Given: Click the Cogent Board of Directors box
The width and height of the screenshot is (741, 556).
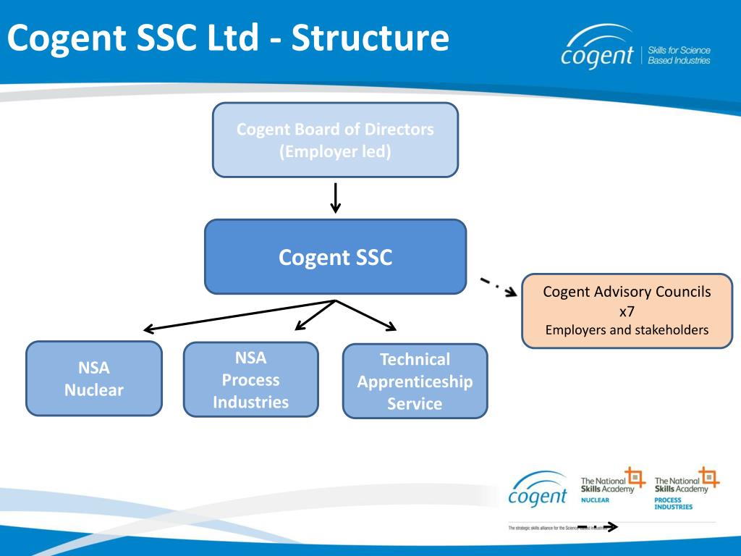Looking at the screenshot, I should (x=335, y=140).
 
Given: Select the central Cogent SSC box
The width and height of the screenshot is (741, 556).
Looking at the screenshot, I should (x=335, y=257).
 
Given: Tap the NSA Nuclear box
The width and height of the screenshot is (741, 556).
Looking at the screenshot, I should (x=94, y=379).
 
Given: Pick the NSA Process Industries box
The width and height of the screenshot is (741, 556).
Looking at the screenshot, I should (x=250, y=379).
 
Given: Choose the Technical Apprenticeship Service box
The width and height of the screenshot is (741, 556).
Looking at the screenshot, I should (x=415, y=381).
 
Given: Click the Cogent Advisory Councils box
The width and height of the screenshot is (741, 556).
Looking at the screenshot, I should (x=627, y=311).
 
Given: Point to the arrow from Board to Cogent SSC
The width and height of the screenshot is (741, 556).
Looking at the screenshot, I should (x=335, y=198).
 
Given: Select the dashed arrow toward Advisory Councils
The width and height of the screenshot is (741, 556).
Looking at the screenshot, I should (x=499, y=285).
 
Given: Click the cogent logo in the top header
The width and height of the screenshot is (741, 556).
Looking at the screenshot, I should (x=596, y=50).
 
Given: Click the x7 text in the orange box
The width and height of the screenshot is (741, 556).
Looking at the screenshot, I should (x=627, y=311).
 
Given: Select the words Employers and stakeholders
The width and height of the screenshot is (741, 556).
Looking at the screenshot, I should (x=627, y=330).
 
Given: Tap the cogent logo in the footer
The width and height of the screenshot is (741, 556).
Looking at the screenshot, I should (x=538, y=490).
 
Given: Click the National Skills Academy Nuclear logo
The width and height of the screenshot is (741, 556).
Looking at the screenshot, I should (x=612, y=486).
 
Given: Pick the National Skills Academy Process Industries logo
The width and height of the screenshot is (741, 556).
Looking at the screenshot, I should (x=686, y=489).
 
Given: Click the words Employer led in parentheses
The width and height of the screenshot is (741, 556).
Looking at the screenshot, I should (x=335, y=151).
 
